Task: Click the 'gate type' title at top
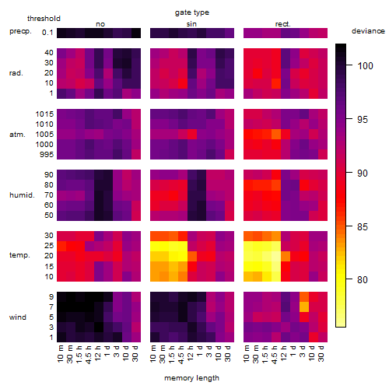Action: (192, 12)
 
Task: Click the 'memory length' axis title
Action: (191, 378)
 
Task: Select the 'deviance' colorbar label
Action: (368, 31)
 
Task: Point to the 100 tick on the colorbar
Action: (349, 65)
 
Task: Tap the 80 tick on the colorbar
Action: (349, 279)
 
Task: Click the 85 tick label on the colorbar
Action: (363, 227)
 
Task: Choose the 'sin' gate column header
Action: (191, 24)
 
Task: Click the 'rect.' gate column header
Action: (282, 24)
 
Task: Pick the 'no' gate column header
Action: (100, 24)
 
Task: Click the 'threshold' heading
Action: (44, 19)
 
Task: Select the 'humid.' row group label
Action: (22, 195)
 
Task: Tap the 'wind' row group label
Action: (18, 317)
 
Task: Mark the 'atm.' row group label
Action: (17, 135)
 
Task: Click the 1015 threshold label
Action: (44, 114)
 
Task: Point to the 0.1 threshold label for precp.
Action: (47, 33)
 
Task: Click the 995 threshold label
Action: (47, 155)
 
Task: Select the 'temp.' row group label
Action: (19, 255)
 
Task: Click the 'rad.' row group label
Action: (16, 73)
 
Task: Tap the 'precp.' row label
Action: (20, 31)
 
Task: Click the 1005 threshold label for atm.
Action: (44, 135)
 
